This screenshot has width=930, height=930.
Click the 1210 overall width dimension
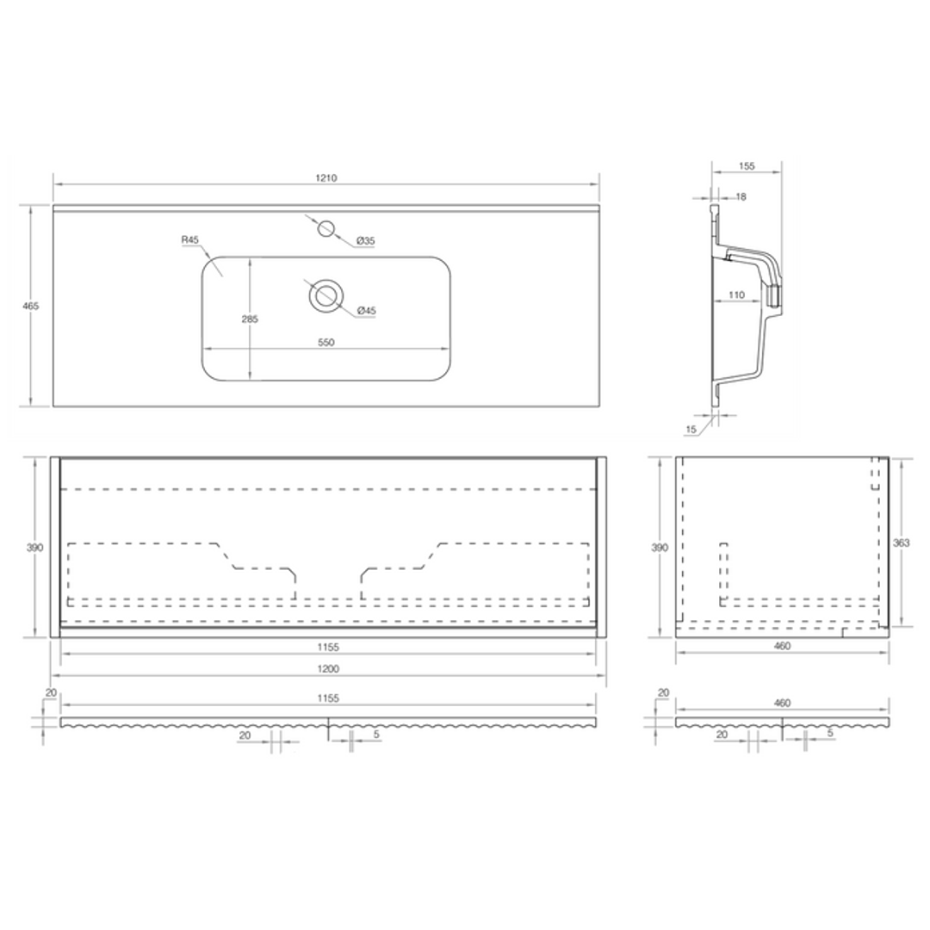(x=325, y=177)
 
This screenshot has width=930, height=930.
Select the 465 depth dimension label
(x=32, y=306)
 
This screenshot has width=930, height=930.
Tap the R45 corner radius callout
(x=190, y=239)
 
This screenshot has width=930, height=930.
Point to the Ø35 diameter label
(x=366, y=240)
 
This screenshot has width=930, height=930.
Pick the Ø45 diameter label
(x=366, y=310)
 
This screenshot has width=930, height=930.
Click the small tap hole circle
(x=325, y=228)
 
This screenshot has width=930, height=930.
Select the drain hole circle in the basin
(x=325, y=295)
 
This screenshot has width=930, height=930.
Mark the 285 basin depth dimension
(x=250, y=319)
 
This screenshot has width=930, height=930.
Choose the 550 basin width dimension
(x=325, y=342)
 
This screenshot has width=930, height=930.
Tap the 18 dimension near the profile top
(x=741, y=196)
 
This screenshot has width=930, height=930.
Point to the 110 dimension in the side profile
(x=736, y=295)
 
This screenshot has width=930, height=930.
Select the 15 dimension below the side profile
(x=691, y=429)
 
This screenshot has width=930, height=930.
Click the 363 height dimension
(x=901, y=542)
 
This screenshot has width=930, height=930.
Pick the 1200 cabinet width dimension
(x=328, y=668)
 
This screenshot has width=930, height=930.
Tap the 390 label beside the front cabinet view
(x=34, y=547)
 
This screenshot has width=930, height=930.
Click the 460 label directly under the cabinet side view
(x=782, y=646)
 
